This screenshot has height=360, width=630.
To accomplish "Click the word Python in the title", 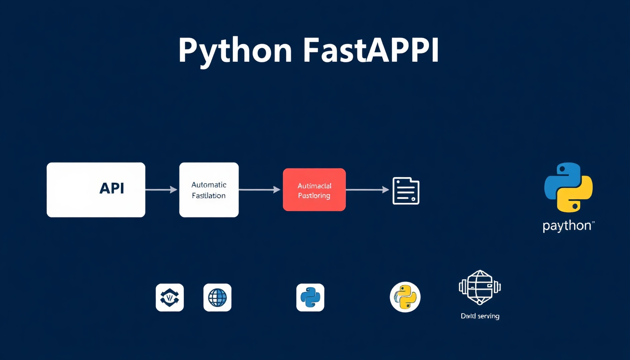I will click(235, 50).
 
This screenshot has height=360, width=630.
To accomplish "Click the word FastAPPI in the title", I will click(371, 50).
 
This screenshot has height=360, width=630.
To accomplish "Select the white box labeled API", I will click(96, 190).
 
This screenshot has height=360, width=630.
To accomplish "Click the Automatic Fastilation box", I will click(209, 190).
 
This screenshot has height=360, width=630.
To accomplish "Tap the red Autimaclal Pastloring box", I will click(314, 190).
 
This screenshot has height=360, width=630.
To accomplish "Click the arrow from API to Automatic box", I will click(161, 190).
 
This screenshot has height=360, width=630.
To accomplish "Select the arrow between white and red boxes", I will click(260, 190).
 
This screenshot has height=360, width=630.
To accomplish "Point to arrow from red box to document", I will click(367, 190).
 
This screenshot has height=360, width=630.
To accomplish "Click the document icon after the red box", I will click(405, 191).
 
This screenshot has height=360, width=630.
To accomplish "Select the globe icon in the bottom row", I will click(217, 298).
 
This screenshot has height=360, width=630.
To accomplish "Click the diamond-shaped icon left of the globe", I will click(170, 298).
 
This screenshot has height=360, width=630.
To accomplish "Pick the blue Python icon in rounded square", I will click(310, 298).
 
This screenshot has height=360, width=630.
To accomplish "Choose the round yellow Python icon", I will click(405, 297).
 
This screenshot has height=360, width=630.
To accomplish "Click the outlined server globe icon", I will click(480, 287).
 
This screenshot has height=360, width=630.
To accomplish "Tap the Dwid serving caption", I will click(480, 316).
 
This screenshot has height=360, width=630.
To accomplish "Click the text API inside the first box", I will click(112, 188).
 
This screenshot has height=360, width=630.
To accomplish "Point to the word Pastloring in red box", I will click(314, 196).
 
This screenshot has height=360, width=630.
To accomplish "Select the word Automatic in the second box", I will click(209, 185).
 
